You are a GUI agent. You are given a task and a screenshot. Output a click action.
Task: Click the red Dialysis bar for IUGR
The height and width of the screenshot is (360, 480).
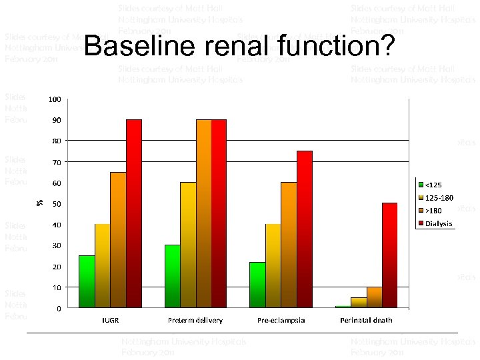tap(134, 213)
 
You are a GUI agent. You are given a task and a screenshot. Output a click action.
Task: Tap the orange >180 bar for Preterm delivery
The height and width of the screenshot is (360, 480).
tap(203, 213)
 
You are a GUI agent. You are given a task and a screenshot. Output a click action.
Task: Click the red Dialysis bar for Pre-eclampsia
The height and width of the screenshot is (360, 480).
tap(304, 229)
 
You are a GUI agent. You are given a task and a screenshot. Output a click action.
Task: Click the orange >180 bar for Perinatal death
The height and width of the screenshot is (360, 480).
tap(374, 297)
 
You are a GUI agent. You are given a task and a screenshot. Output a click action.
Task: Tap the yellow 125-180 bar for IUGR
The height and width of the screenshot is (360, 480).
tap(103, 266)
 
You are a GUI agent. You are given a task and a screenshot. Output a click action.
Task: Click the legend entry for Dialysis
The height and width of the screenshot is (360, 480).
tap(437, 224)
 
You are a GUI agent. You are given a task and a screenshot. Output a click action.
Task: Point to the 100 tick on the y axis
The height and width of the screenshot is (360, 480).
tap(54, 99)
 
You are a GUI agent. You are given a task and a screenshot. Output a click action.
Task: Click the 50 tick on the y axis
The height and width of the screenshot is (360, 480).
tap(57, 204)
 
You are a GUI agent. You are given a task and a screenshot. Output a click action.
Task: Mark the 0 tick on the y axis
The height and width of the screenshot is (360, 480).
tap(59, 309)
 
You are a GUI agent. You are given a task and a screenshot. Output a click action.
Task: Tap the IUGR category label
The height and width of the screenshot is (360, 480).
tap(111, 320)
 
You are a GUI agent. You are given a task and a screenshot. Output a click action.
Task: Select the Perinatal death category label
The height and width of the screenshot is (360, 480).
tap(366, 320)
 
